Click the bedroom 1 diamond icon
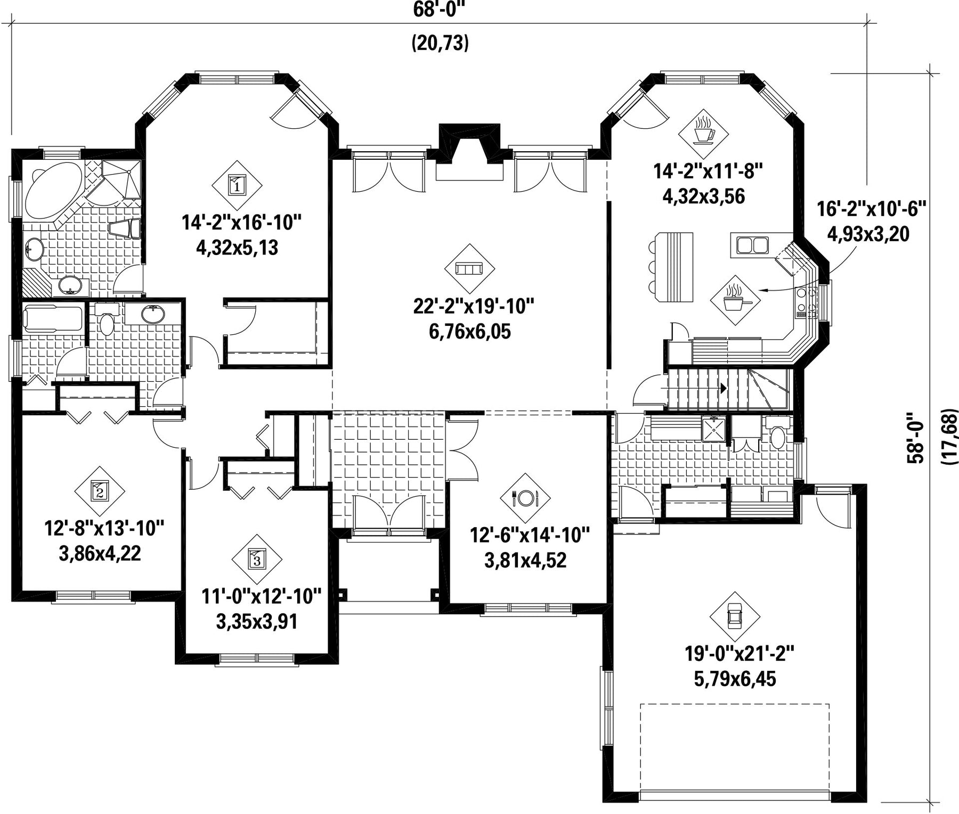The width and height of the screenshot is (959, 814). click(237, 185)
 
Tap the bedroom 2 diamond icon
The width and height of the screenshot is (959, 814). click(100, 490)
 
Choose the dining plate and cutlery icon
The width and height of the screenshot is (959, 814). click(525, 498)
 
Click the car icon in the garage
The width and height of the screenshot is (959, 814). click(735, 616)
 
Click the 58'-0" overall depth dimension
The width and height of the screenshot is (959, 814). click(917, 438)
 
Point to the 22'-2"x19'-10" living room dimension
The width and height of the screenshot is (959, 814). click(473, 306)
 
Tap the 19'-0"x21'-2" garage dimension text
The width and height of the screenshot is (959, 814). click(735, 653)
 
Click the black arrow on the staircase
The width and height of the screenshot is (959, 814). click(722, 388)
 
